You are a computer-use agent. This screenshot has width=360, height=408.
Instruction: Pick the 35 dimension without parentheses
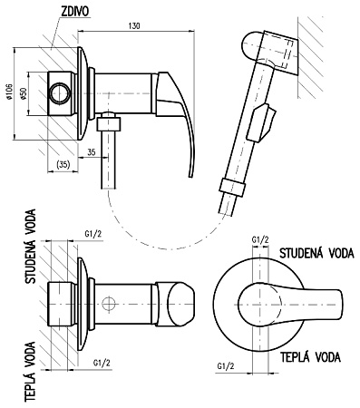(92, 151)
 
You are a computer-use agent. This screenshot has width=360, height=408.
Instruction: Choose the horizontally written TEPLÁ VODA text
(310, 356)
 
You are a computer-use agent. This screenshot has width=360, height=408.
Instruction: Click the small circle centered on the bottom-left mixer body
(108, 304)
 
